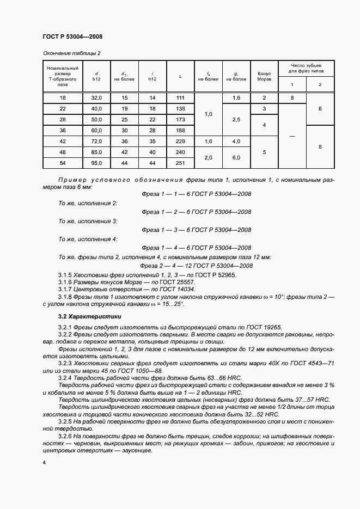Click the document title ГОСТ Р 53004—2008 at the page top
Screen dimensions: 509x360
tap(72, 36)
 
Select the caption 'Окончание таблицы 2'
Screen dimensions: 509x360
tap(71, 53)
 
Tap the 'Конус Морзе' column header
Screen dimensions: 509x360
tap(264, 76)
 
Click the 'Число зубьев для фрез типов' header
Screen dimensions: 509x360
tap(306, 68)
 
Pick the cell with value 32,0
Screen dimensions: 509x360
tap(96, 97)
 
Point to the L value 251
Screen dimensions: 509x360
tap(180, 163)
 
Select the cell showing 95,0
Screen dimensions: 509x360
tap(96, 163)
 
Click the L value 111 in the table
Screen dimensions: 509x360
tap(180, 97)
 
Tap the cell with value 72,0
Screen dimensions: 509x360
tap(96, 141)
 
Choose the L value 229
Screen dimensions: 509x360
tap(180, 141)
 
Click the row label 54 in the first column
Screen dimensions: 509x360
tap(63, 163)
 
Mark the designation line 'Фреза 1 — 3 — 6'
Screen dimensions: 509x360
tap(196, 230)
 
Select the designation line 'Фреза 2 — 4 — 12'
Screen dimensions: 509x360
tap(196, 266)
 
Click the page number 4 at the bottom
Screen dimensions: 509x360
tap(44, 462)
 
